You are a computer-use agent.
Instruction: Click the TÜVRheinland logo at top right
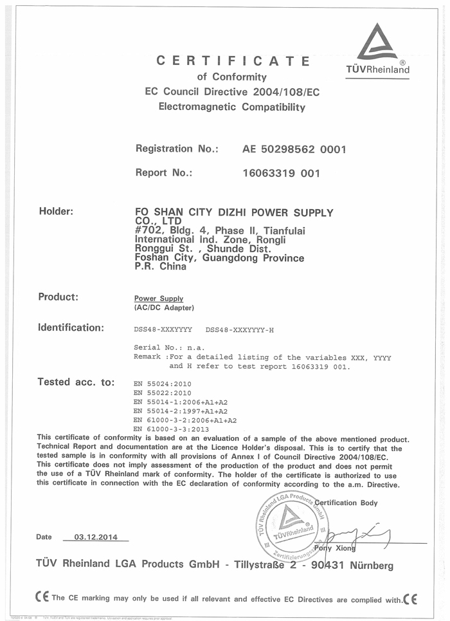tap(377, 51)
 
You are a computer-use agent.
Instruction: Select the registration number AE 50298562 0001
tap(294, 149)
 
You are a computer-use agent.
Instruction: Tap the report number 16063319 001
tap(281, 173)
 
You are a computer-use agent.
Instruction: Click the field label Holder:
tap(57, 211)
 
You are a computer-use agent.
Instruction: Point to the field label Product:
tap(59, 297)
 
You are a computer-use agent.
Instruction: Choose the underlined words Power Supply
tap(158, 299)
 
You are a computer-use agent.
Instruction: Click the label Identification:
tap(71, 328)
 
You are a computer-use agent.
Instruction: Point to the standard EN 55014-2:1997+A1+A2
tap(180, 411)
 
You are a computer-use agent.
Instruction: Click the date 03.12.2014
tap(96, 537)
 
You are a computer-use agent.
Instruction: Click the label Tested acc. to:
tap(76, 382)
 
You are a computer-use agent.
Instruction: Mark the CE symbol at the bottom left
tap(42, 598)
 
